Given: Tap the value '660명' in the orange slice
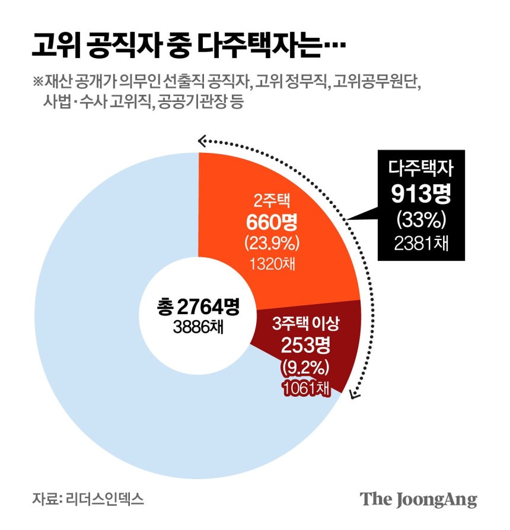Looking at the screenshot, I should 272,223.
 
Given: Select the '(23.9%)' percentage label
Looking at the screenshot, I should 272,243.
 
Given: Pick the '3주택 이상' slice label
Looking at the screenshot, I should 305,324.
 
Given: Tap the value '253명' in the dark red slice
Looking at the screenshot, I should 305,346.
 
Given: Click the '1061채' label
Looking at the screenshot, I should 305,387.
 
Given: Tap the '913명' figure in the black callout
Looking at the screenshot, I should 420,193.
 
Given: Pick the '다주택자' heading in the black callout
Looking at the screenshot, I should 420,170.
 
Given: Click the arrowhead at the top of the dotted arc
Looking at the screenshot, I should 202,140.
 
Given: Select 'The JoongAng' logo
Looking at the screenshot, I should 418,499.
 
